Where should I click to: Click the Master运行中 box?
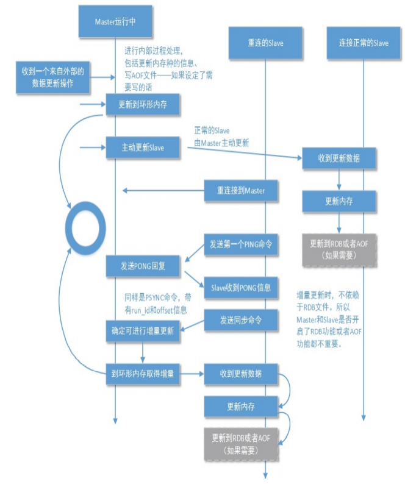[115, 21]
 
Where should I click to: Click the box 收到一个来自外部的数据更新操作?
[53, 77]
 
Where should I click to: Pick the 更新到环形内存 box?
[143, 104]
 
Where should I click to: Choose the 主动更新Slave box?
[143, 148]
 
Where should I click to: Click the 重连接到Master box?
[242, 191]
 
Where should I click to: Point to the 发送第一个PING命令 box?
[242, 244]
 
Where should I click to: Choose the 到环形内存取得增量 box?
[143, 373]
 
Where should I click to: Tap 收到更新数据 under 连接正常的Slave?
[339, 158]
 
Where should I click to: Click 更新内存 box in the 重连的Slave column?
[242, 406]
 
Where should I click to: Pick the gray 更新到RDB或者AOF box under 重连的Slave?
[242, 443]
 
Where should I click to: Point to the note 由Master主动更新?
[221, 143]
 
